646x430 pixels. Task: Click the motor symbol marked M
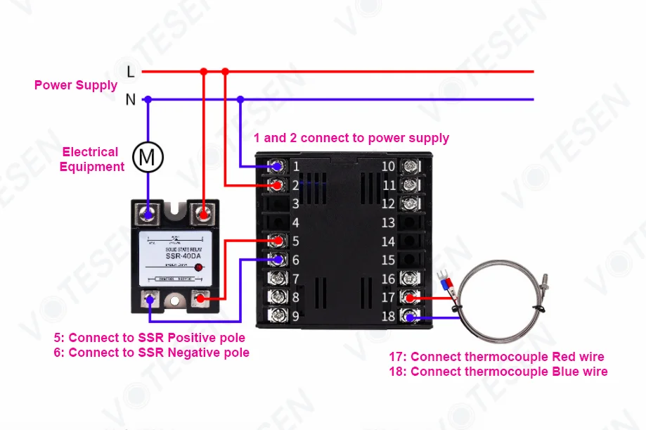(148, 158)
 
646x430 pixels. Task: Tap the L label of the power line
(130, 71)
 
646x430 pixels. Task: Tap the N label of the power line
(130, 100)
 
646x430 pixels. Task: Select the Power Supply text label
(76, 85)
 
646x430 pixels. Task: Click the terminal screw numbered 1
(278, 167)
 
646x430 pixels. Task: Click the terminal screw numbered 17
(410, 298)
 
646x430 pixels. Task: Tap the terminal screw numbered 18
(410, 316)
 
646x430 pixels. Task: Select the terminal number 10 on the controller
(388, 167)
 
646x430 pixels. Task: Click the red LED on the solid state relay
(199, 268)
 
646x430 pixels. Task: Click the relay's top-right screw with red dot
(204, 212)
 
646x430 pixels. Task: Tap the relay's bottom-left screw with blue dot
(149, 300)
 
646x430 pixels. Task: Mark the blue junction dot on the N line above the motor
(148, 100)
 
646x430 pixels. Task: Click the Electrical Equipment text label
(91, 159)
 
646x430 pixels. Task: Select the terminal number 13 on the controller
(388, 223)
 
